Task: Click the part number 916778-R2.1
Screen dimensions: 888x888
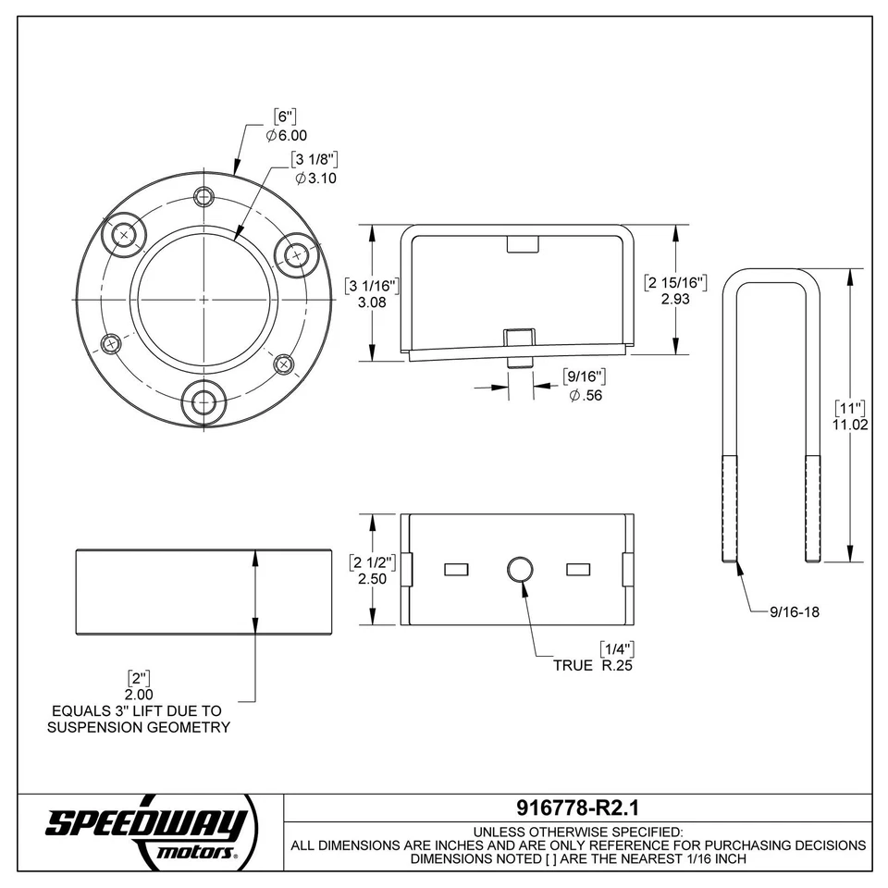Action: click(576, 806)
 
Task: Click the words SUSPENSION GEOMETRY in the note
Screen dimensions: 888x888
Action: click(139, 728)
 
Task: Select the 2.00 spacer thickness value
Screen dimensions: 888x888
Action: click(139, 694)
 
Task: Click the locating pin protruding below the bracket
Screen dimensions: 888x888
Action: click(519, 359)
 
